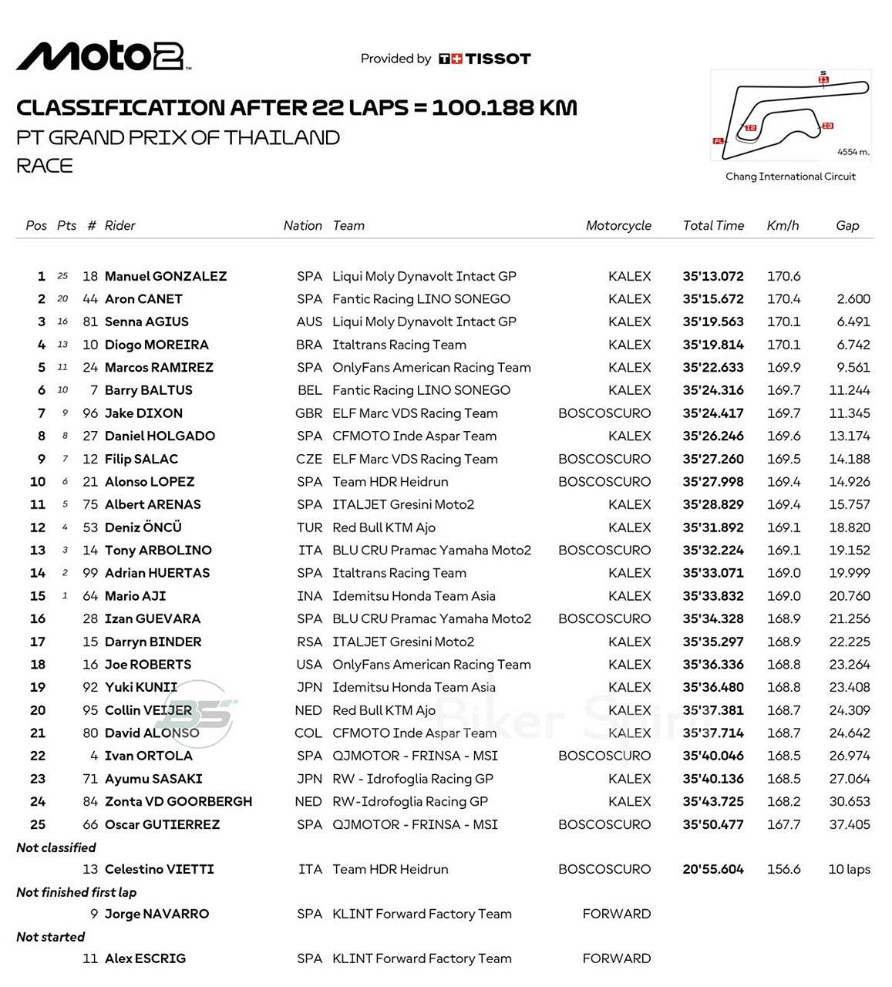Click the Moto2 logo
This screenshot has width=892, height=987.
[103, 56]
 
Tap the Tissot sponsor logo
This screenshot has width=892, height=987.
[485, 59]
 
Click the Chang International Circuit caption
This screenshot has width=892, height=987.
[790, 177]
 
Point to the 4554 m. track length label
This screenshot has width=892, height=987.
[853, 152]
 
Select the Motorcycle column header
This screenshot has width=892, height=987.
[618, 226]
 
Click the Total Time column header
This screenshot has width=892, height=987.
[713, 226]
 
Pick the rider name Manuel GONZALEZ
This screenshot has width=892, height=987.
[166, 276]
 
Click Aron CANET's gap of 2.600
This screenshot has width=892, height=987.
[853, 299]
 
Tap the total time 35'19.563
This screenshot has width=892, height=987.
[713, 322]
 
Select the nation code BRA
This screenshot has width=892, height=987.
[309, 345]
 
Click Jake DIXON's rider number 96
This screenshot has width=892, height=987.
[90, 413]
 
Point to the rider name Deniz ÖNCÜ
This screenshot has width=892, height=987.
[143, 527]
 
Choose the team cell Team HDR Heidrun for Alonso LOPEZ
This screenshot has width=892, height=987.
[390, 482]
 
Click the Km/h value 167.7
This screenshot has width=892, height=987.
[783, 824]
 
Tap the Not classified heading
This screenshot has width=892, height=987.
[56, 847]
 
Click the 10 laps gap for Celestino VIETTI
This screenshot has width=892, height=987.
[849, 869]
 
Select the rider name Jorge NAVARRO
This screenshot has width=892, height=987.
[157, 914]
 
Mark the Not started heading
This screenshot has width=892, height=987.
[51, 937]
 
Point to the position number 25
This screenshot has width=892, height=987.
[38, 824]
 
